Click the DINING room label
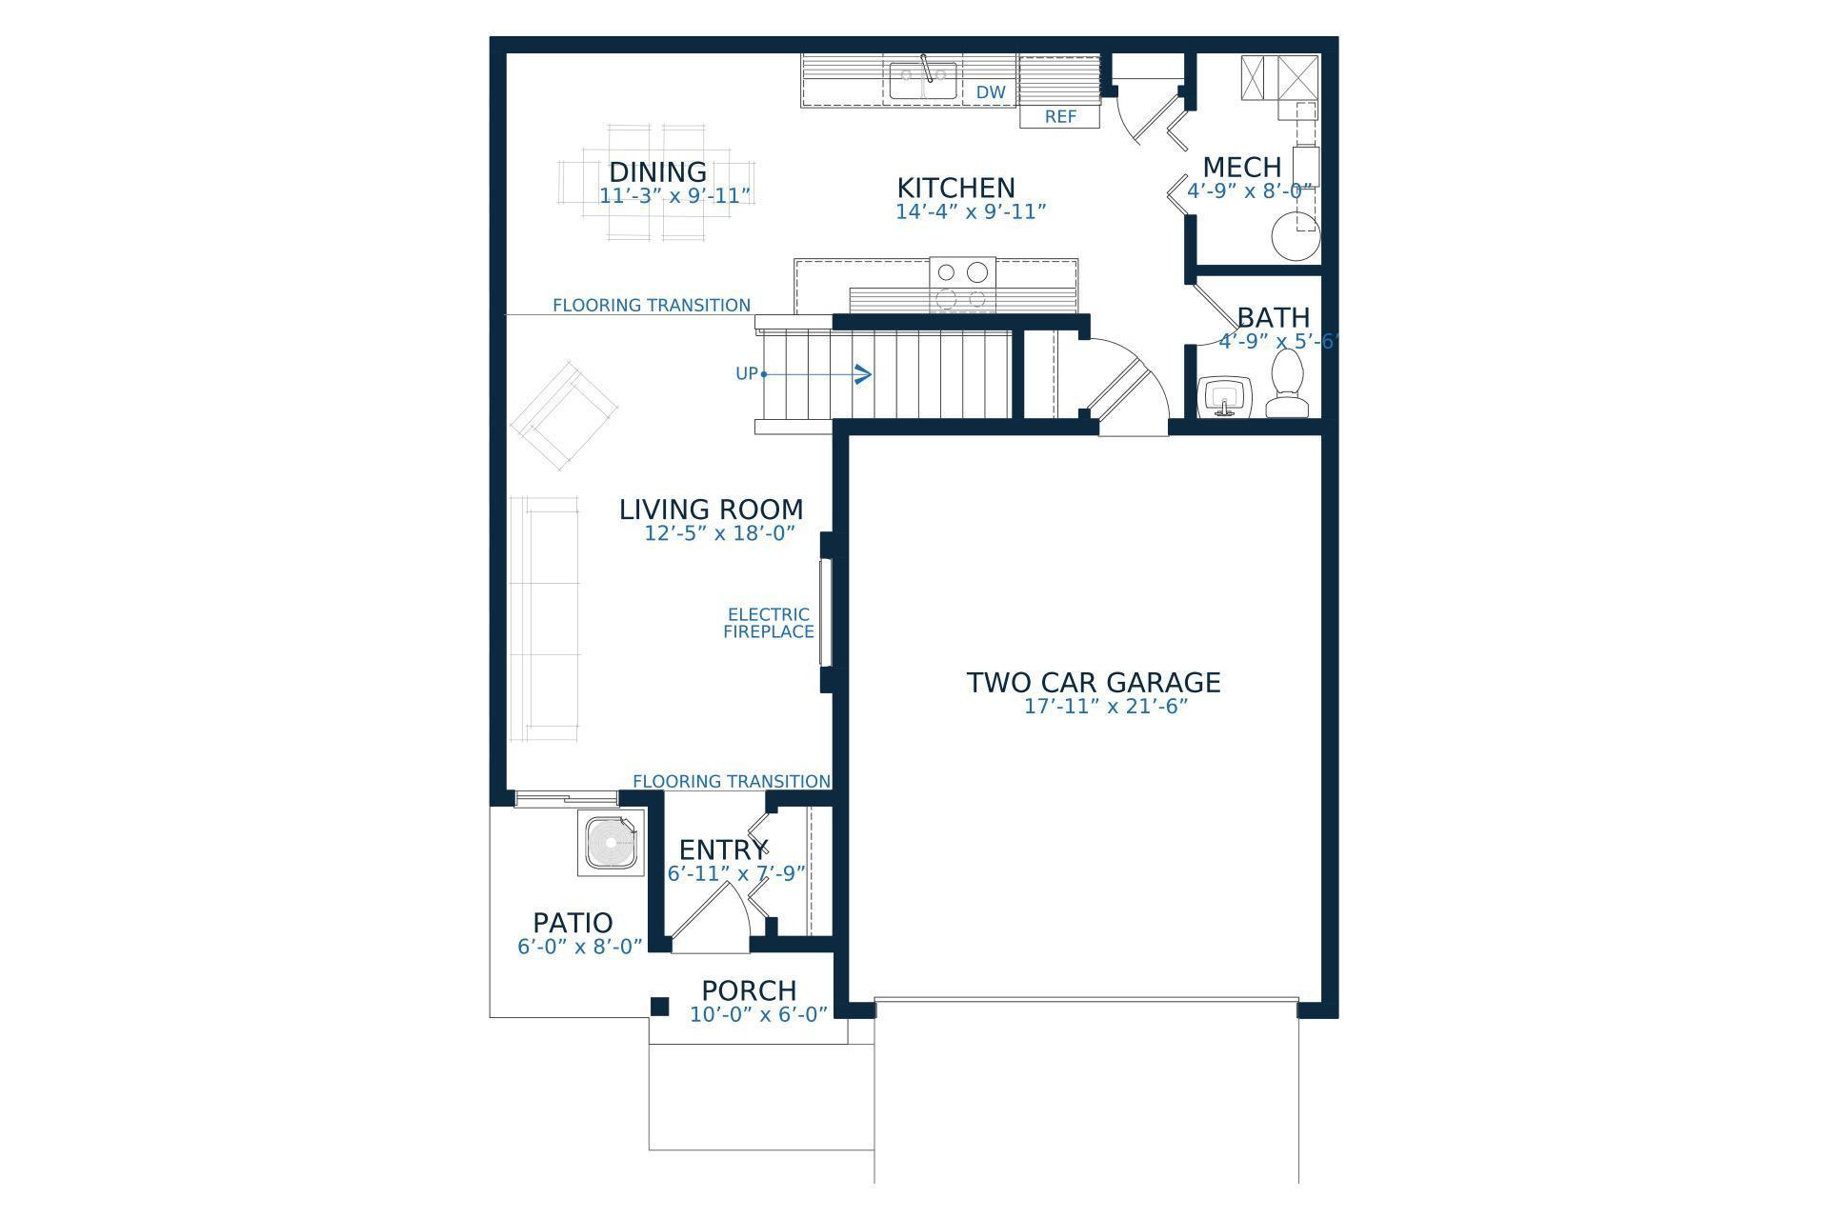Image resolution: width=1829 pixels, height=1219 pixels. click(x=657, y=172)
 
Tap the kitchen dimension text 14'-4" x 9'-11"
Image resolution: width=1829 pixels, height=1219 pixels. click(x=970, y=211)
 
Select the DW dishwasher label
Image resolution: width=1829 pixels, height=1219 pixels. click(x=991, y=92)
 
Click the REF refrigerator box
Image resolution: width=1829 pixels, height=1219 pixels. click(x=1059, y=116)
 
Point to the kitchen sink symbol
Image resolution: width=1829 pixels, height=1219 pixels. click(x=923, y=81)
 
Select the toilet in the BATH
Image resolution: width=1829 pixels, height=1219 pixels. click(x=1287, y=386)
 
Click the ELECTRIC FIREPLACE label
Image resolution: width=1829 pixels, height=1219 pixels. click(x=768, y=623)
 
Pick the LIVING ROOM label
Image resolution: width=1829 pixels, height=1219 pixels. click(x=711, y=510)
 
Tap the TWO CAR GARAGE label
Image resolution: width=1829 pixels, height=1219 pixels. click(x=1093, y=683)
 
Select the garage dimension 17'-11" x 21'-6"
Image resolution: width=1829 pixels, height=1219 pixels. click(x=1105, y=707)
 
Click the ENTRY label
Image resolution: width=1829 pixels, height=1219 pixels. click(x=722, y=849)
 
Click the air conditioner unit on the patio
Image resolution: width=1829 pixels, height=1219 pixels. click(x=610, y=842)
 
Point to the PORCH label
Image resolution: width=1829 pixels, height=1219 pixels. click(x=749, y=991)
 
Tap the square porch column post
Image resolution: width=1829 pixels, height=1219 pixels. click(x=659, y=1007)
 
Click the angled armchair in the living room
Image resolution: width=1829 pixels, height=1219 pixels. click(x=564, y=416)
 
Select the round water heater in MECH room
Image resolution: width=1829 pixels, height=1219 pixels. click(x=1296, y=236)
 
